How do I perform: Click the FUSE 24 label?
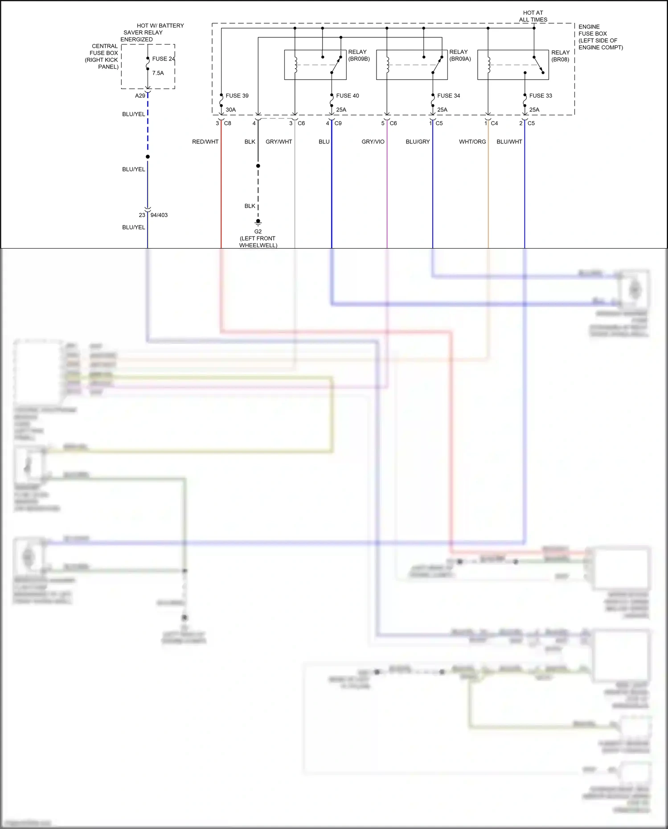[163, 59]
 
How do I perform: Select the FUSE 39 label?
[237, 96]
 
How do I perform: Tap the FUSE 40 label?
[347, 96]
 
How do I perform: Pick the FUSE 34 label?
[448, 96]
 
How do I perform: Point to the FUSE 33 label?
[540, 96]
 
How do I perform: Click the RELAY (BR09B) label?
[359, 55]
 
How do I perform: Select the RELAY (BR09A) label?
[460, 55]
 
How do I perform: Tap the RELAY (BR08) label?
[560, 56]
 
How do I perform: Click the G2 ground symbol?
[258, 222]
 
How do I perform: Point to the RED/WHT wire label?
[205, 142]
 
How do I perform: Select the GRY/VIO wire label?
[373, 142]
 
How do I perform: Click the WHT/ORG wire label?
[472, 142]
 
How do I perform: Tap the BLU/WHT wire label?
[509, 142]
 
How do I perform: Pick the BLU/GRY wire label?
[418, 142]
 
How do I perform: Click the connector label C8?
[227, 123]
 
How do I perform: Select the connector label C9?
[338, 123]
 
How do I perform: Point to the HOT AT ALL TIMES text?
[533, 16]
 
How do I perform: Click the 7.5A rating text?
[158, 73]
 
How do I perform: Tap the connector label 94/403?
[159, 215]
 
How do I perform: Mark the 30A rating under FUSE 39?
[230, 110]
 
